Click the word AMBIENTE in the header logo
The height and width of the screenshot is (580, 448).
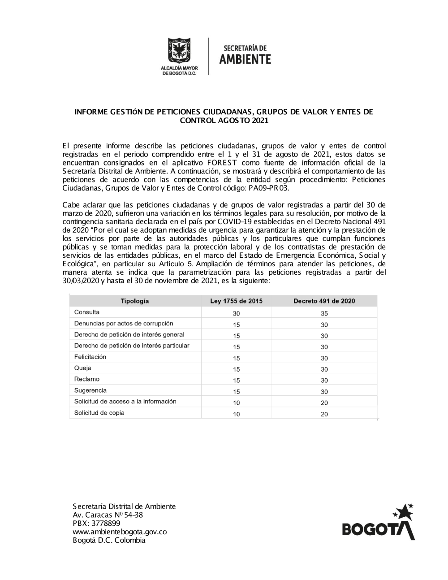tap(245, 59)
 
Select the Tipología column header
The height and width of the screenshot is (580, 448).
tap(134, 301)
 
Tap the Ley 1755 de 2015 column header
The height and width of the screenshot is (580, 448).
tap(236, 301)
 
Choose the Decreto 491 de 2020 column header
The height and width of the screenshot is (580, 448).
tap(324, 301)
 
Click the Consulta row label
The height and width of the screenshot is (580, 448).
tap(87, 312)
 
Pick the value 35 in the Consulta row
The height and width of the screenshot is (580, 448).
tap(324, 313)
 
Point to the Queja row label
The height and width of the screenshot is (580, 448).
tap(83, 368)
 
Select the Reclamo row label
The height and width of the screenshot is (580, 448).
tap(87, 379)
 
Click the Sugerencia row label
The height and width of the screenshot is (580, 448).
tap(90, 390)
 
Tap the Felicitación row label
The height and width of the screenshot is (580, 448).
tap(90, 357)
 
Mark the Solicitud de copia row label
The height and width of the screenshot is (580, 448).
tap(99, 413)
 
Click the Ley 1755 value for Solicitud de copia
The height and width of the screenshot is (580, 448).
tap(237, 414)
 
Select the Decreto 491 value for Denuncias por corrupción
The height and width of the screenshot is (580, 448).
tap(324, 325)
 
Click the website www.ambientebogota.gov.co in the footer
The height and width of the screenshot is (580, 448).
tap(120, 532)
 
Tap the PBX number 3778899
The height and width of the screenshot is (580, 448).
tap(106, 523)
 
